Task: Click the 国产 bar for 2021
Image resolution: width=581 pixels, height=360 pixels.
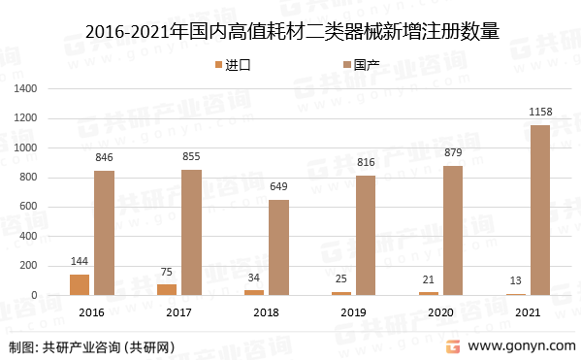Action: click(x=540, y=210)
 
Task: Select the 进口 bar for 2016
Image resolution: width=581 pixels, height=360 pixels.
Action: click(x=80, y=284)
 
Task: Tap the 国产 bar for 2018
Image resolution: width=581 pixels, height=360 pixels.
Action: click(x=278, y=247)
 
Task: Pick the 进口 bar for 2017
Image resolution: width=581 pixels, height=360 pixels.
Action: click(x=167, y=289)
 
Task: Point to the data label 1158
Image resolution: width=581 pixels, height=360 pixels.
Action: click(x=540, y=114)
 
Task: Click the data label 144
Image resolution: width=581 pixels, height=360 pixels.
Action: click(x=80, y=262)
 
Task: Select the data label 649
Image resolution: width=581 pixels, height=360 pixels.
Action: click(x=278, y=187)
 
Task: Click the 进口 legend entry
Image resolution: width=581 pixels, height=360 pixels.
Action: click(x=232, y=65)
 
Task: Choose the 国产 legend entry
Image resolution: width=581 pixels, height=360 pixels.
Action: click(x=359, y=65)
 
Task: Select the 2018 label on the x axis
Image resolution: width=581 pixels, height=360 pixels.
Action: click(x=267, y=312)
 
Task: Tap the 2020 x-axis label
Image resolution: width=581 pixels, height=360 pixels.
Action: click(x=441, y=312)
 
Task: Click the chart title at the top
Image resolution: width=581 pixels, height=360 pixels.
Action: click(x=291, y=31)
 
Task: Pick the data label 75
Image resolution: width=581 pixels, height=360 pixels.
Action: click(x=167, y=273)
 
